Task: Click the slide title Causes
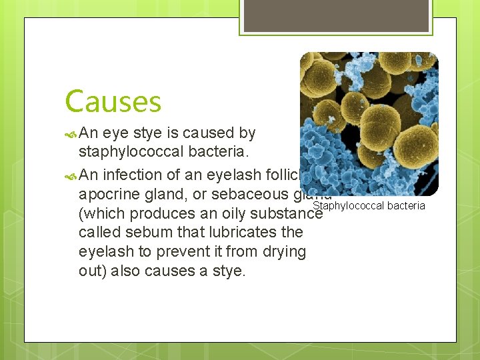113,102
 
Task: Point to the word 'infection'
132,175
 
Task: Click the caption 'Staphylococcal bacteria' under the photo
369,205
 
